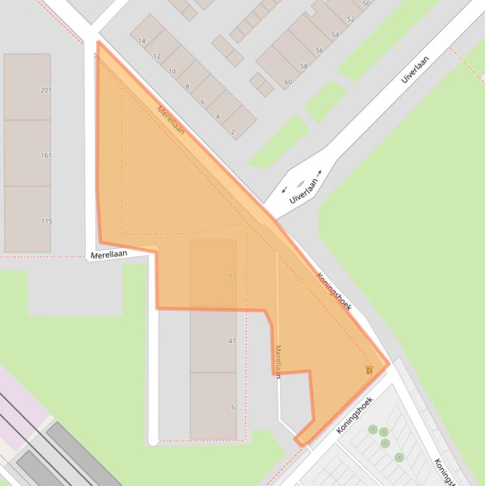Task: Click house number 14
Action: click(141, 41)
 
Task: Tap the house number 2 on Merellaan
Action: click(233, 131)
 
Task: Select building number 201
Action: click(46, 90)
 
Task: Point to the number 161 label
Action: click(46, 155)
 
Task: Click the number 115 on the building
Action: click(47, 222)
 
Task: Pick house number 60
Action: click(288, 82)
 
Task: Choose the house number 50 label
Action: click(366, 4)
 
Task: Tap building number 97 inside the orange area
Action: click(232, 275)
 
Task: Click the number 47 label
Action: click(232, 341)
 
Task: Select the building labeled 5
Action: click(233, 407)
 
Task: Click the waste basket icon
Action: click(368, 370)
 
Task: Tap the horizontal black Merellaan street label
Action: click(108, 254)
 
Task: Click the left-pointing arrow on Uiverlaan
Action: click(284, 189)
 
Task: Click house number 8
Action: click(187, 86)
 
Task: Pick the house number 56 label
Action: click(320, 51)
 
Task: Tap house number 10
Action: click(172, 71)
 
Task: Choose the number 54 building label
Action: click(335, 35)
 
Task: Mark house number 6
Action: click(202, 102)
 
